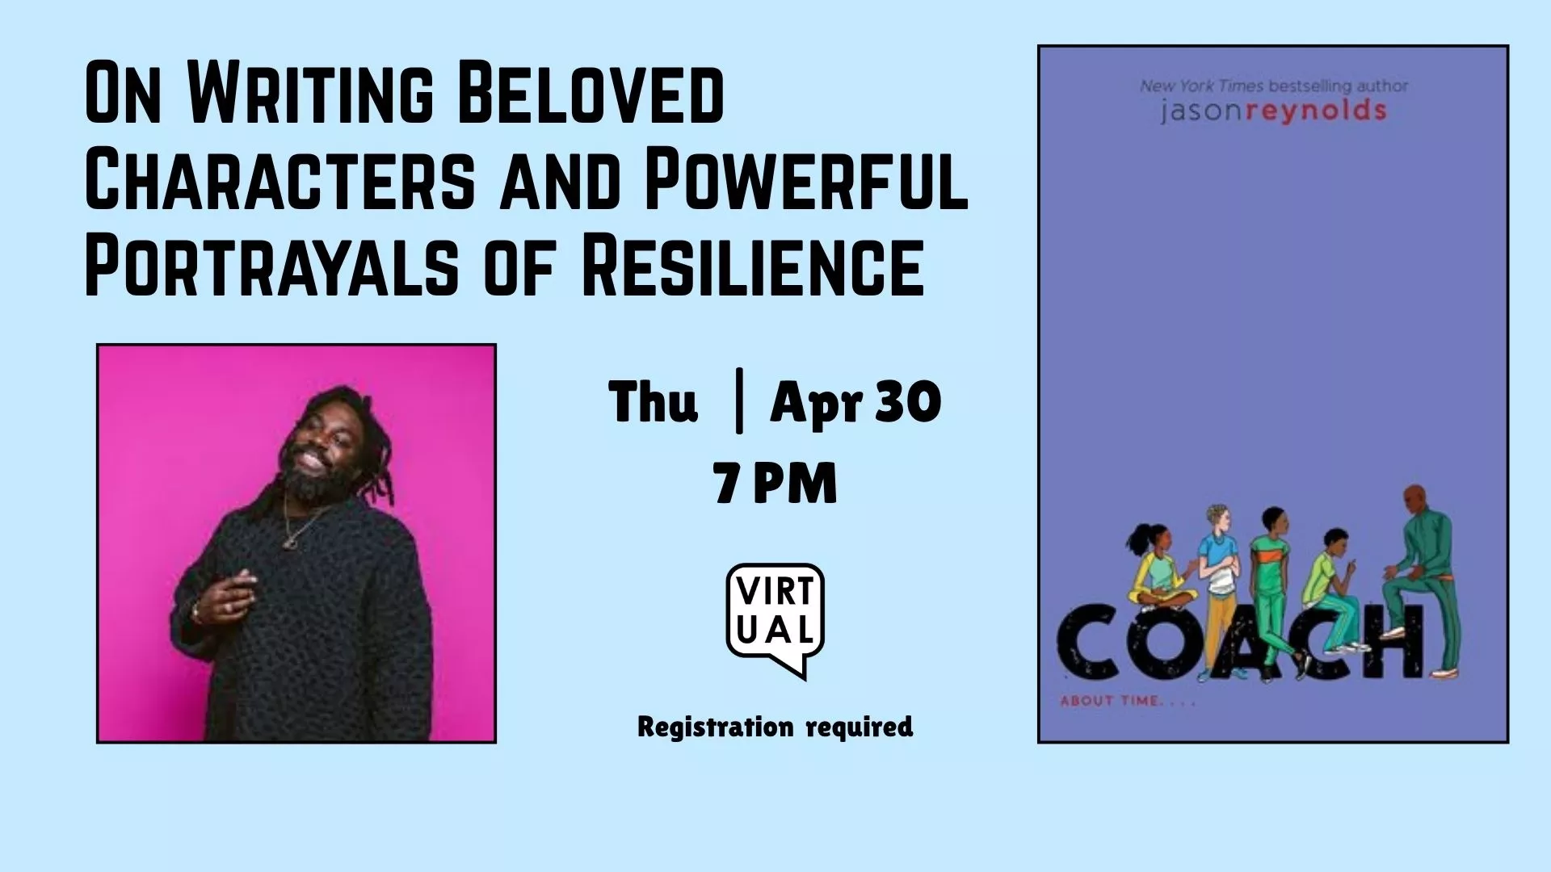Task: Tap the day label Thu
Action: pyautogui.click(x=653, y=402)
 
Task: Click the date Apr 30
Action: pyautogui.click(x=855, y=402)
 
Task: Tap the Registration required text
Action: pyautogui.click(x=775, y=727)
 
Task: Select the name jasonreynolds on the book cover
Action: pyautogui.click(x=1273, y=111)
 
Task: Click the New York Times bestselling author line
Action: pyautogui.click(x=1273, y=86)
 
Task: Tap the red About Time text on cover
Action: pyautogui.click(x=1127, y=701)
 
